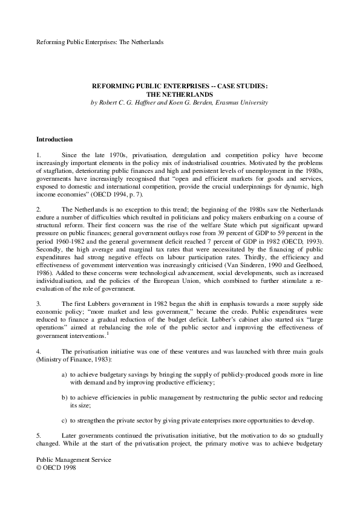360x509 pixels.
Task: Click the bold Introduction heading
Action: coord(54,139)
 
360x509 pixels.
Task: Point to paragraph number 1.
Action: coord(39,155)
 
